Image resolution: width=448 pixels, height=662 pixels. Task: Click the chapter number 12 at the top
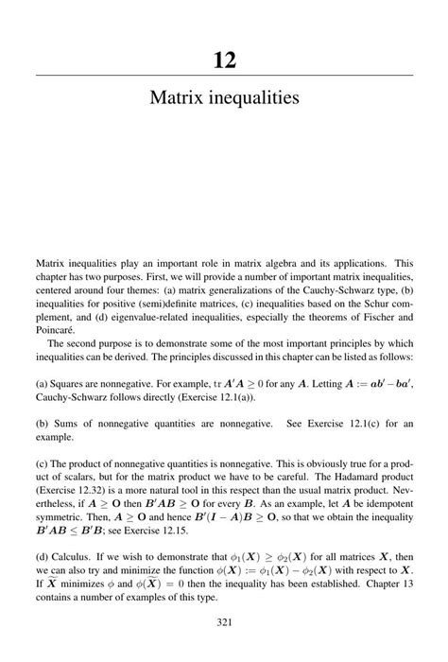click(x=224, y=61)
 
